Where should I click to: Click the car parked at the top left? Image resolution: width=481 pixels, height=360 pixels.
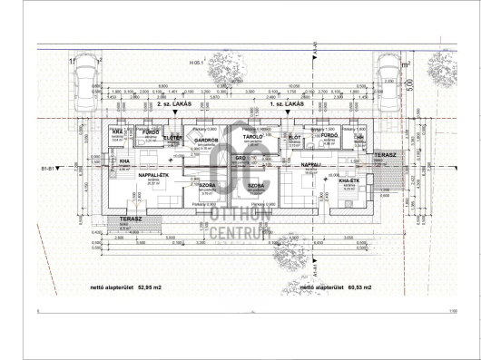click(83, 76)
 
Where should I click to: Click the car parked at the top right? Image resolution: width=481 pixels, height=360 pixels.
click(389, 76)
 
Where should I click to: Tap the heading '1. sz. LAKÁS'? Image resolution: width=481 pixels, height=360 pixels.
click(287, 105)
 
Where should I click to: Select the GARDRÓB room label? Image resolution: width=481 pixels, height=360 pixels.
click(207, 141)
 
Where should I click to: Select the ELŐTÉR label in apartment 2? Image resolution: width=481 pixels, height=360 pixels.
click(173, 137)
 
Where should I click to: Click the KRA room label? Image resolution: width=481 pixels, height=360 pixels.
click(119, 131)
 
